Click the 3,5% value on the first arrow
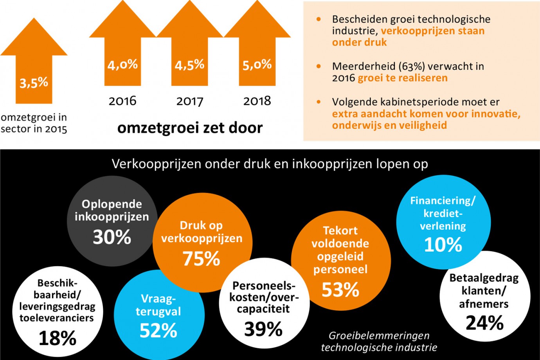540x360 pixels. (34, 83)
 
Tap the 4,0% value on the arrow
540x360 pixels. (122, 65)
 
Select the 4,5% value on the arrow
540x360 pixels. (189, 65)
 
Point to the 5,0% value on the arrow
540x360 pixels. (257, 65)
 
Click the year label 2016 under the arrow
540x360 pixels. (122, 101)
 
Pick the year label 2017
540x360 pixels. (189, 101)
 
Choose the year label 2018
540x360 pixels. (257, 101)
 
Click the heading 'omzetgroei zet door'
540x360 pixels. (190, 128)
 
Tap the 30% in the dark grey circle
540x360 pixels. (112, 237)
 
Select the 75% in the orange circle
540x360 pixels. (202, 259)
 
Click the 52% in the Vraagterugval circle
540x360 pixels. (158, 331)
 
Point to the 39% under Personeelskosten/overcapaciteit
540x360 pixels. (263, 329)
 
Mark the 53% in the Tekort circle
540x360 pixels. (340, 290)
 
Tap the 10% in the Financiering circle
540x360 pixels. (443, 245)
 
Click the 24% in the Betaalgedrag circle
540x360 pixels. (484, 323)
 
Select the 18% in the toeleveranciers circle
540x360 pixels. (58, 338)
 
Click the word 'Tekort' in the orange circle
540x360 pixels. (340, 230)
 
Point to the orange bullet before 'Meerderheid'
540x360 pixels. (319, 67)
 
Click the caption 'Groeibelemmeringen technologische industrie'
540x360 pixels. (379, 342)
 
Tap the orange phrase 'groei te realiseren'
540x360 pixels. (403, 78)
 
